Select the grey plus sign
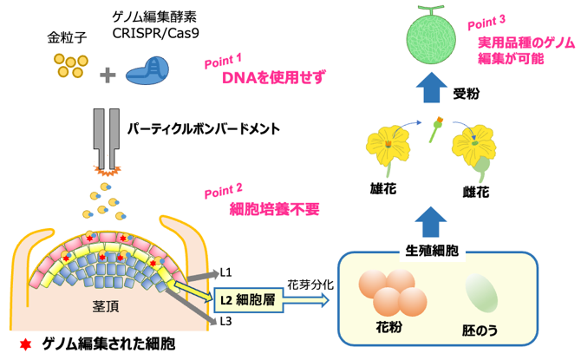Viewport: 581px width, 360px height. coord(108,75)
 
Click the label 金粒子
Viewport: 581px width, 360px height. coord(66,39)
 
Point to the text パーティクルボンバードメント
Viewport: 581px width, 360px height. coord(204,129)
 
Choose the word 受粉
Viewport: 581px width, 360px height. coord(467,89)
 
